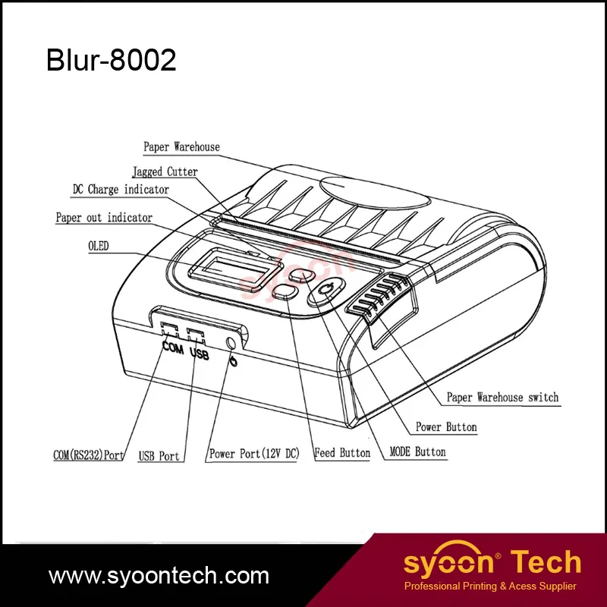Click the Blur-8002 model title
[112, 61]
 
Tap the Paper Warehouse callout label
[181, 146]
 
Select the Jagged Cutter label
[165, 172]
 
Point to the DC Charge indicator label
[121, 190]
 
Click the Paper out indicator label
[104, 218]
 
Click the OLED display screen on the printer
[228, 269]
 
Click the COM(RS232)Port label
[89, 455]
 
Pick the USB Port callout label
[159, 456]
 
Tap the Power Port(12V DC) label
[254, 454]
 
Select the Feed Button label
[343, 453]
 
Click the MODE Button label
[417, 452]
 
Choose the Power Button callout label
[446, 427]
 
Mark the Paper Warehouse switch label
[502, 397]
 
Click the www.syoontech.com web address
[159, 574]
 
